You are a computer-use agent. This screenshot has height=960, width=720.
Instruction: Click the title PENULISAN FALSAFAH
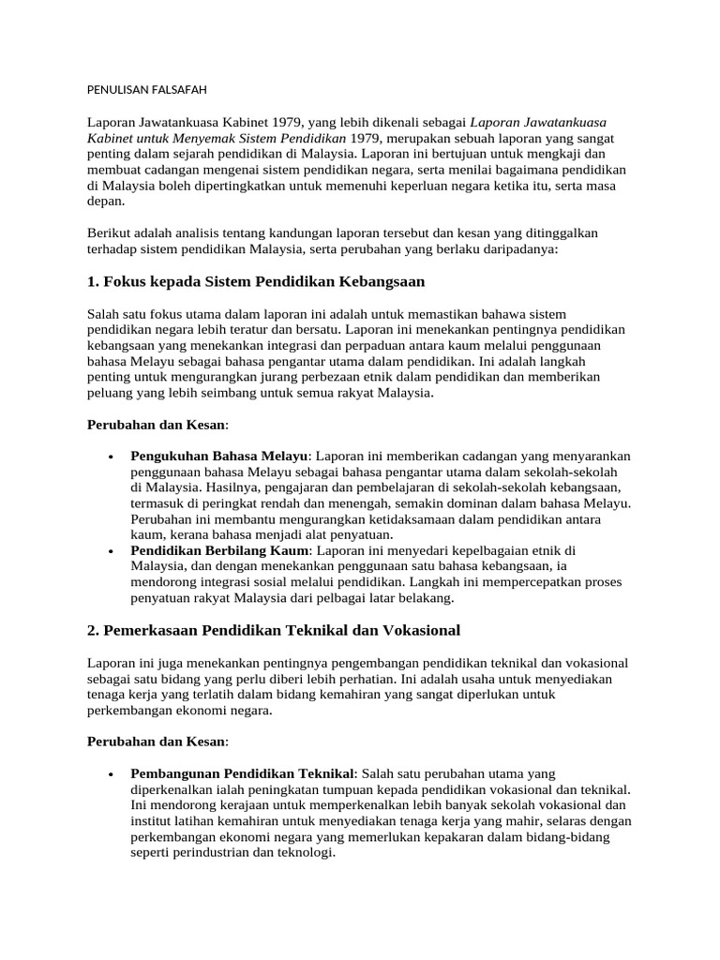[x=146, y=90]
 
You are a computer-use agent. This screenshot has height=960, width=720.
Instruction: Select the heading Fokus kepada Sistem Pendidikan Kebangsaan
[x=256, y=281]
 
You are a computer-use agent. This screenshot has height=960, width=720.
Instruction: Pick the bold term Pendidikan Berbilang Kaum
[x=219, y=549]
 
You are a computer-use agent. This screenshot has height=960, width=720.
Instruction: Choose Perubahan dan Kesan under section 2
[x=157, y=742]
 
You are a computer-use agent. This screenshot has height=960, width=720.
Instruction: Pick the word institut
[x=155, y=821]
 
